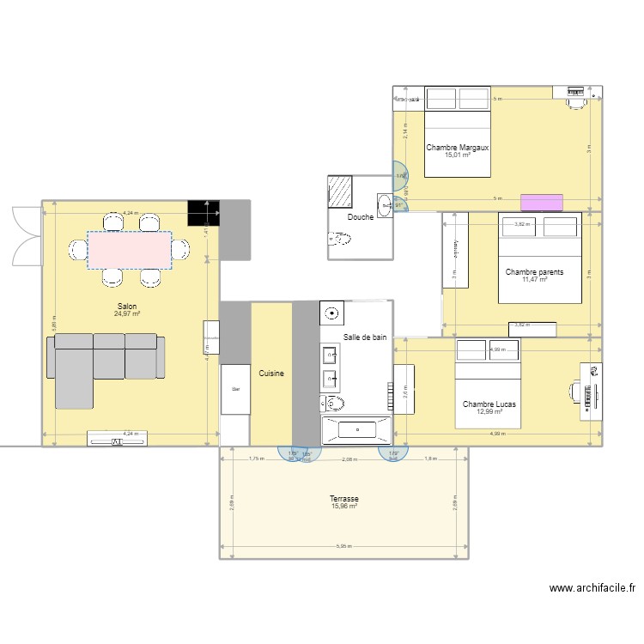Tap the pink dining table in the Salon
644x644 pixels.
tap(130, 249)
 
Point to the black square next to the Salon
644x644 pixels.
tap(203, 213)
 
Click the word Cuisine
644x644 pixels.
tap(271, 374)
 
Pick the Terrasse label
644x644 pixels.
tap(343, 498)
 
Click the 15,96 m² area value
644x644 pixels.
tap(343, 507)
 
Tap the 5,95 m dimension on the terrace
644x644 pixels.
tap(343, 547)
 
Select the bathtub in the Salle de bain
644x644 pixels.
tap(355, 430)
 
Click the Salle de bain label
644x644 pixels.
tap(365, 337)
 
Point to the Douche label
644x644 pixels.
tap(360, 217)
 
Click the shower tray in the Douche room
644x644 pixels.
tap(341, 192)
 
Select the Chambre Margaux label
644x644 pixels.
tap(457, 147)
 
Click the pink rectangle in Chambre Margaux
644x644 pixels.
tap(542, 202)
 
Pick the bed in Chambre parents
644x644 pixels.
tap(540, 258)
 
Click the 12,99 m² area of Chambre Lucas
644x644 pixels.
tap(489, 411)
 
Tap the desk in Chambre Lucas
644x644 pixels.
tap(592, 390)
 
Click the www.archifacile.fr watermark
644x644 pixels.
tap(592, 588)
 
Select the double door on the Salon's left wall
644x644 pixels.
tap(24, 237)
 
